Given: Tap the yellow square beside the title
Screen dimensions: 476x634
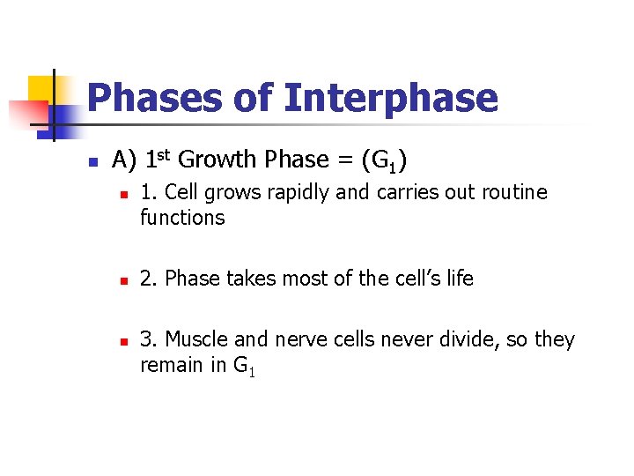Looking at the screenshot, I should click(x=41, y=88).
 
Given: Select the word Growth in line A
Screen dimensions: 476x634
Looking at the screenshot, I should click(x=217, y=160).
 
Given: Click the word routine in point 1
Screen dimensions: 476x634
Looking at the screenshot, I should click(x=510, y=192).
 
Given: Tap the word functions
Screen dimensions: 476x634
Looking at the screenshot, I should click(x=182, y=217).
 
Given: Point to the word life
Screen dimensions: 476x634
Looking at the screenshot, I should click(x=459, y=279).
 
